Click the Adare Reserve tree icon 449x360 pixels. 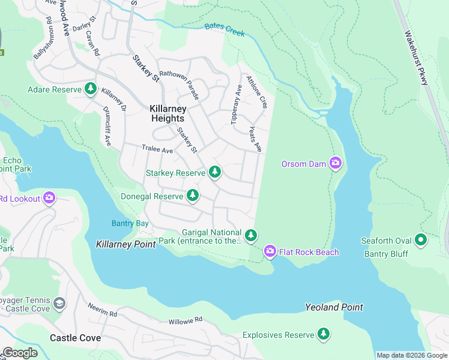point(90,89)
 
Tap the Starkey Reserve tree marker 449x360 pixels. point(215,173)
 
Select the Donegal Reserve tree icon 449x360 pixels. point(192,196)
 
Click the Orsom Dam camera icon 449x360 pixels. point(335,163)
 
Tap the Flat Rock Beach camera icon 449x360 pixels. point(270,251)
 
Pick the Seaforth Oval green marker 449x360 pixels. point(421,241)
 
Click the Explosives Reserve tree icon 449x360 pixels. point(324,334)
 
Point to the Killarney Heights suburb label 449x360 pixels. point(167,113)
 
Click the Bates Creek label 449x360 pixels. point(224,29)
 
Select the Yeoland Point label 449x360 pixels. point(334,307)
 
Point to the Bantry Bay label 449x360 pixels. point(130,223)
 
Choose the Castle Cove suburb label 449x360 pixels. point(75,338)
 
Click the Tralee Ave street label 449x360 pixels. point(157,149)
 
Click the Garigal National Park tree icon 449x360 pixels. point(251,235)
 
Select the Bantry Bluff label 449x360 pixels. point(386,254)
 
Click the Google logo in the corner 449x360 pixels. point(20,352)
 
